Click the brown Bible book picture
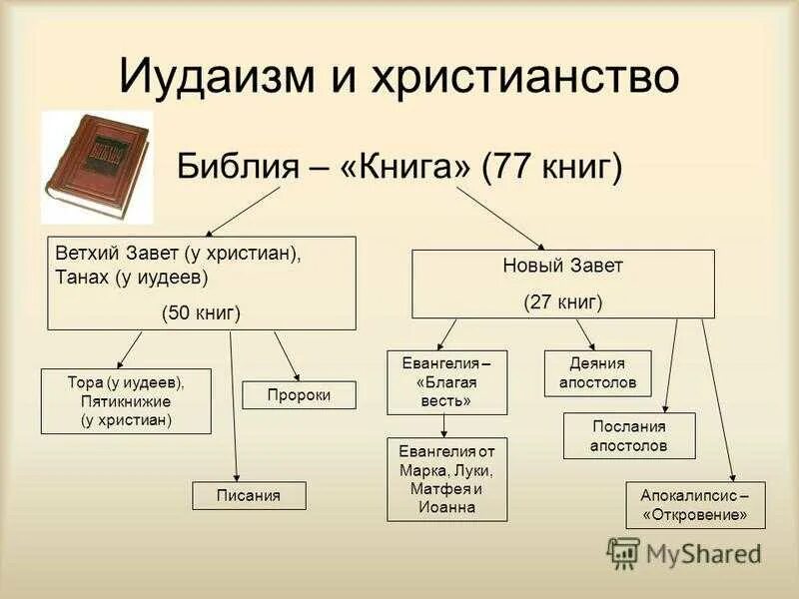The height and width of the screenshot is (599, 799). [x=96, y=166]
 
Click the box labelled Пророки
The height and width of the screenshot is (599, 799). [x=299, y=395]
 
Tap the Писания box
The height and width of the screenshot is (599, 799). [x=249, y=495]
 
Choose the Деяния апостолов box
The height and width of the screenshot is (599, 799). [x=597, y=373]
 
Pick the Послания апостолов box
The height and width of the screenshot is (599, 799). [x=628, y=435]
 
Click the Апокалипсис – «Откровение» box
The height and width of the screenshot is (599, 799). [x=695, y=505]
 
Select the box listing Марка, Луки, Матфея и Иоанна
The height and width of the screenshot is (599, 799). [x=446, y=479]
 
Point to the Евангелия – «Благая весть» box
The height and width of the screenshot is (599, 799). [x=446, y=381]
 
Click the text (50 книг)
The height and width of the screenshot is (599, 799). [x=201, y=313]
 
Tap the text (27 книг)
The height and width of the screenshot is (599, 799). [x=562, y=299]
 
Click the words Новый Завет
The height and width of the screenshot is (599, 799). [x=562, y=267]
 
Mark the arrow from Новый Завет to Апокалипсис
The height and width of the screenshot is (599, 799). [x=718, y=399]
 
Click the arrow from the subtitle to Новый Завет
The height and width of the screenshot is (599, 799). [x=499, y=218]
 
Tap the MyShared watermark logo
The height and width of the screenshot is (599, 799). [x=685, y=553]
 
